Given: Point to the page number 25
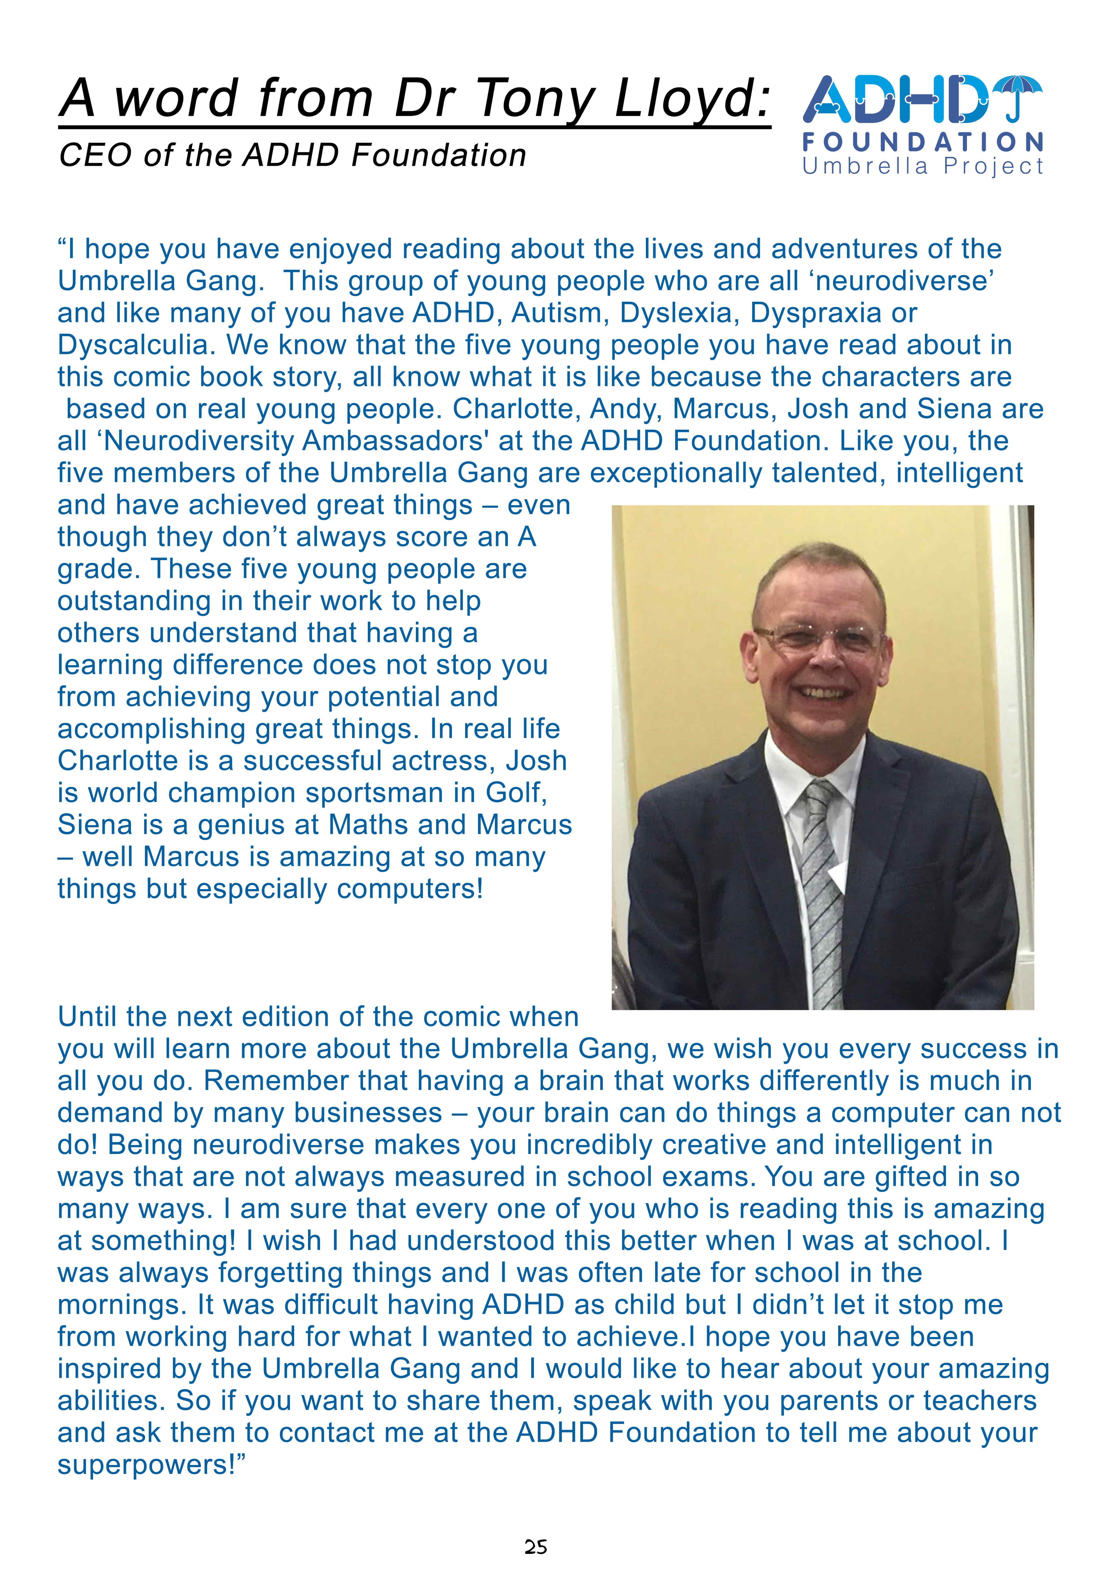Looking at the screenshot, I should [536, 1547].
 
